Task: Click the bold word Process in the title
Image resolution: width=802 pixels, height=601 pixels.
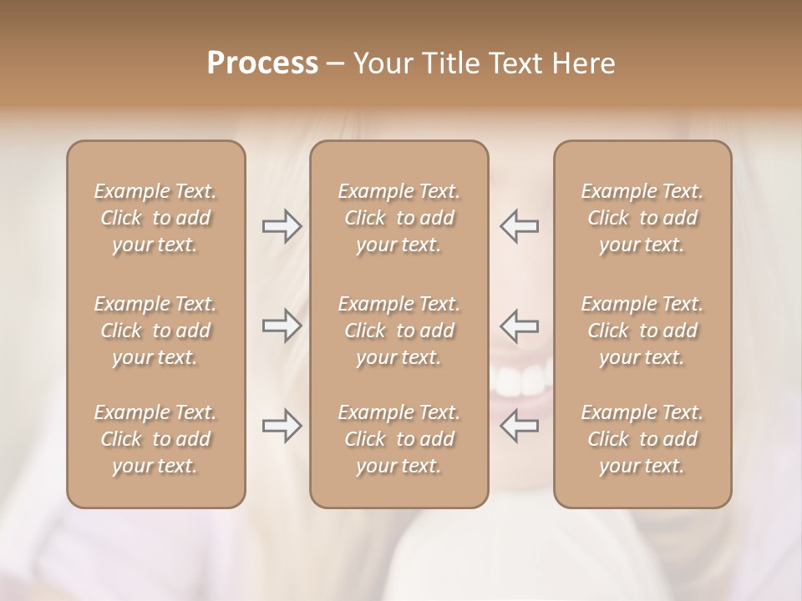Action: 262,63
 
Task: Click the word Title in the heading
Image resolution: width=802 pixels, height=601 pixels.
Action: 453,63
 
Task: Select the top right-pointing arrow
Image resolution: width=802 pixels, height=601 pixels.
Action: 282,226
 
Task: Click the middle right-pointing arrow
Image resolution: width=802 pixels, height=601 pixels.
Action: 282,326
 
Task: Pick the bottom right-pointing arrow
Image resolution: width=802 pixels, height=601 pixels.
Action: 282,426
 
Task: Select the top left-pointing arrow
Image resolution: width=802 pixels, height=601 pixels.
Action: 520,226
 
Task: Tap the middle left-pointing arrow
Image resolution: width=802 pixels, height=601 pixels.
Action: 520,326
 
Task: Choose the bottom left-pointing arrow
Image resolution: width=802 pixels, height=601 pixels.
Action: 520,426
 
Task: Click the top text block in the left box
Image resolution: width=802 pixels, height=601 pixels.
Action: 155,218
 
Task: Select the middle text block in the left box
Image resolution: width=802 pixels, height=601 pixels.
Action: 155,331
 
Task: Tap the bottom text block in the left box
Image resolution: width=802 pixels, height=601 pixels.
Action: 155,439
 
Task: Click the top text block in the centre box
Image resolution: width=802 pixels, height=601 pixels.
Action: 398,218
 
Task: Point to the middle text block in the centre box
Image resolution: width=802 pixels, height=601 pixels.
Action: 398,331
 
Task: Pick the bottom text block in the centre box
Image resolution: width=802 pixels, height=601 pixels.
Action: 398,439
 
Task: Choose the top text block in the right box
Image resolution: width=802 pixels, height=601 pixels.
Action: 642,218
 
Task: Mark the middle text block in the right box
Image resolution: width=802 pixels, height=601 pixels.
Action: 642,331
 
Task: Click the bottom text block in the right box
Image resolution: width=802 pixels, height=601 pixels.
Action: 642,439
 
